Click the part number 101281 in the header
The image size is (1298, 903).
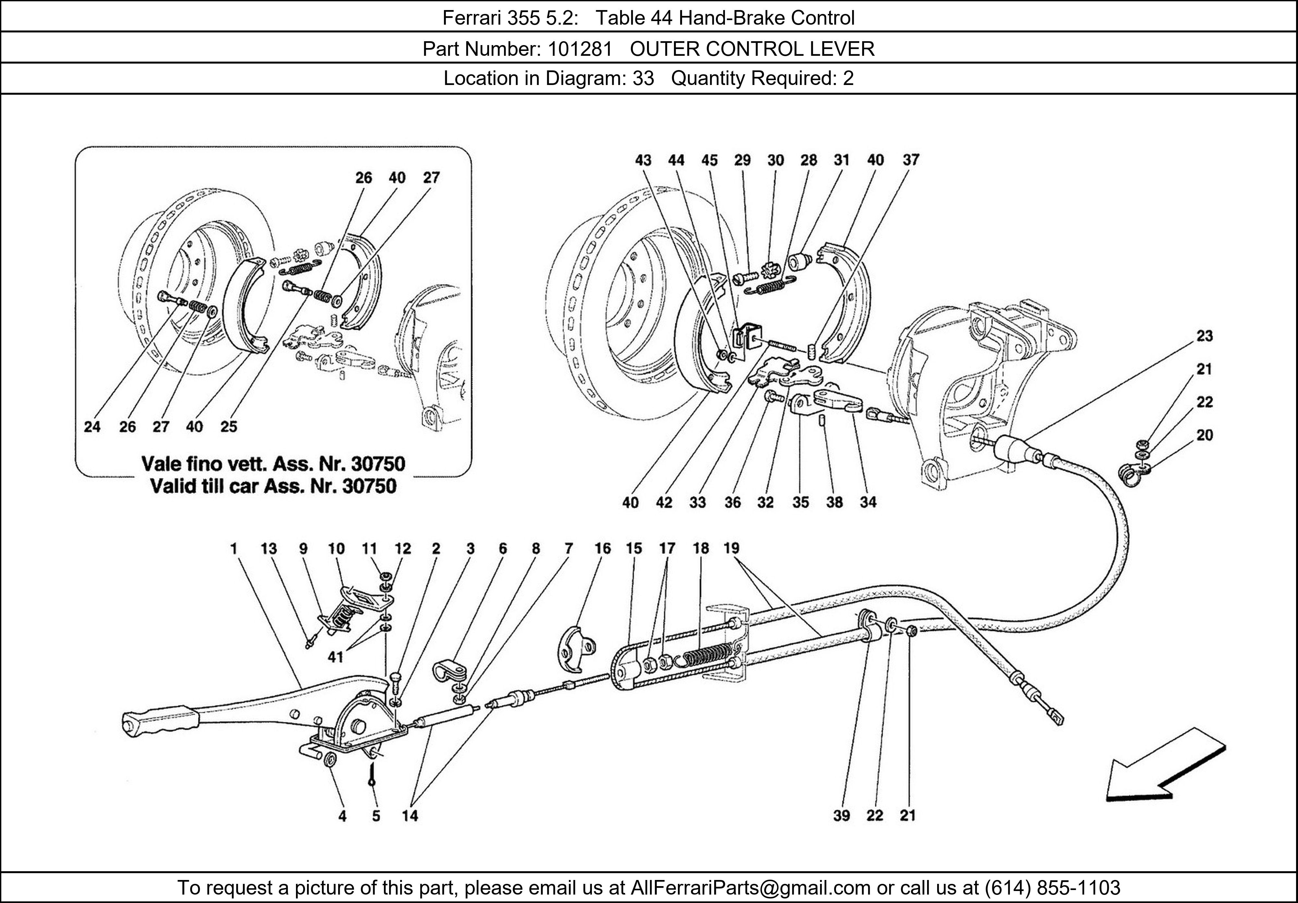coord(580,49)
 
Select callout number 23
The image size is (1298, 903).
coord(1204,336)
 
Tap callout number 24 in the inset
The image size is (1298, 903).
coord(92,427)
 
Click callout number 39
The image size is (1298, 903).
coord(841,815)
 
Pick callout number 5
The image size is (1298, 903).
coord(376,815)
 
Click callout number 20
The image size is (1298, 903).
coord(1204,435)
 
